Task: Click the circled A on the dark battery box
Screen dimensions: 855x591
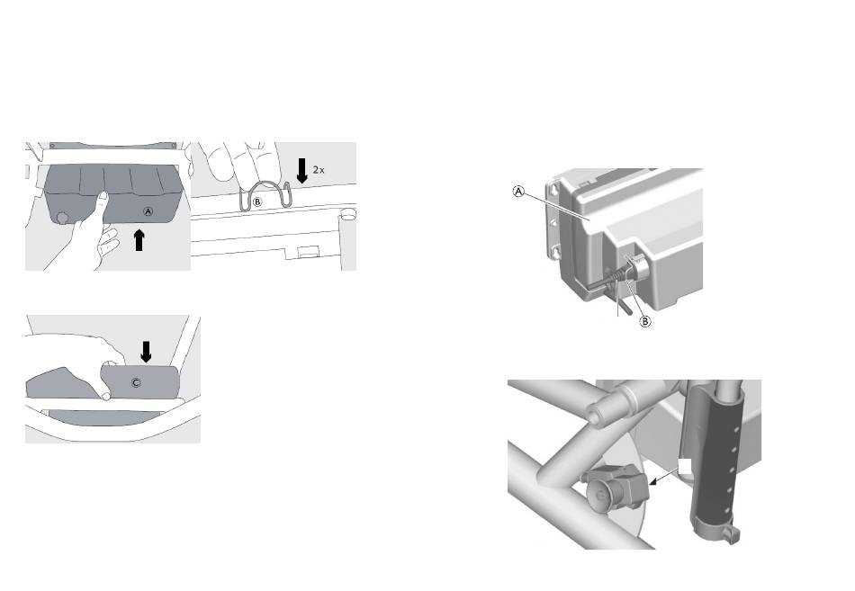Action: point(148,211)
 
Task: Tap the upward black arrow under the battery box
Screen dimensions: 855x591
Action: point(139,240)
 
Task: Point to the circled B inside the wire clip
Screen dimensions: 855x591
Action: point(257,201)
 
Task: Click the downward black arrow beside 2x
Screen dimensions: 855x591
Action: point(301,171)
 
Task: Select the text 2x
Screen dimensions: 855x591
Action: point(319,170)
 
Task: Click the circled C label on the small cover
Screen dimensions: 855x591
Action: point(136,382)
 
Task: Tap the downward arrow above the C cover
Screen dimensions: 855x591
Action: point(146,352)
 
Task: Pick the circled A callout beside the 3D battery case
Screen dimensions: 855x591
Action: point(519,192)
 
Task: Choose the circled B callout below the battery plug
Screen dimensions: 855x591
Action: point(645,321)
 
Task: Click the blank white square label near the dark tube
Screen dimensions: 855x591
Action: point(685,466)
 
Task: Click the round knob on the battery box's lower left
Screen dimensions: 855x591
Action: point(62,218)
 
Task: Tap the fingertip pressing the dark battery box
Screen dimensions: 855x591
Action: point(101,196)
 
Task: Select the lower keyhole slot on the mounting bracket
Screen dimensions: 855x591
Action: point(555,252)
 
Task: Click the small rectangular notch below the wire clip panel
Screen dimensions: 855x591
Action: point(308,251)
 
